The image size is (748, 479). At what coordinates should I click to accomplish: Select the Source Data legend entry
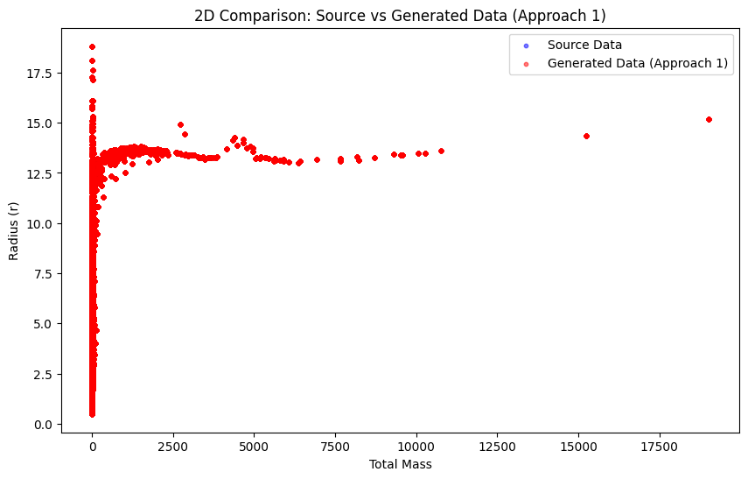[x=584, y=45]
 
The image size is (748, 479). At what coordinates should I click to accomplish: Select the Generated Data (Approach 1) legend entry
[x=637, y=63]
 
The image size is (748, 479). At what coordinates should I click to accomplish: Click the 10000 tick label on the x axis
[x=416, y=446]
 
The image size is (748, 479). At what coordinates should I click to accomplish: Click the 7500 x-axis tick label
[x=335, y=446]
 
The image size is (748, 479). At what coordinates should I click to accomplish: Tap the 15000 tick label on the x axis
[x=578, y=446]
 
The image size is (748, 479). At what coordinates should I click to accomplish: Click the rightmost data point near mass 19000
[x=709, y=119]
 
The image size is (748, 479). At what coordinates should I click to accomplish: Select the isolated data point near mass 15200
[x=586, y=136]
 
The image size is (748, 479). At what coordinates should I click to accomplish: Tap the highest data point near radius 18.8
[x=92, y=46]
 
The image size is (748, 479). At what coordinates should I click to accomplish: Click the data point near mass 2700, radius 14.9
[x=180, y=124]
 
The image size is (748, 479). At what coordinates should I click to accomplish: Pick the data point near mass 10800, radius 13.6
[x=441, y=151]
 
